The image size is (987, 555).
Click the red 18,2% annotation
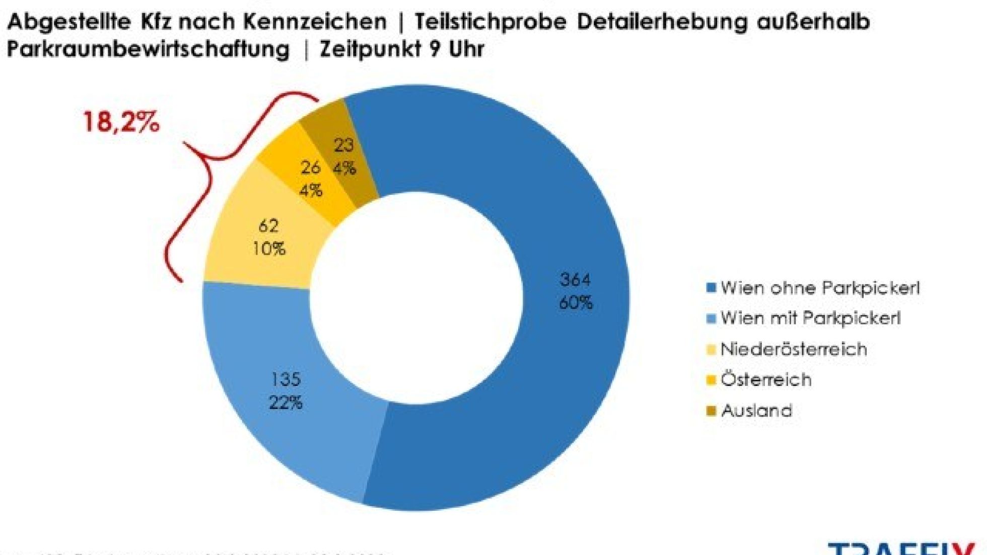click(x=121, y=122)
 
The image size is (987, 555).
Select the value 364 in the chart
click(x=575, y=280)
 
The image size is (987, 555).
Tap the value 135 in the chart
click(x=286, y=379)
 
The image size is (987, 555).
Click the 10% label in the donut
click(x=269, y=249)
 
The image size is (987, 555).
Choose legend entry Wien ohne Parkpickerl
click(x=819, y=288)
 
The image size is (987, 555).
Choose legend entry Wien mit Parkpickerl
click(x=810, y=318)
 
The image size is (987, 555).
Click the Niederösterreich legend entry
click(x=793, y=349)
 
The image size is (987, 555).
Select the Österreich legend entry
click(x=765, y=379)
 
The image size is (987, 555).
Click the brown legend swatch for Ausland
click(x=711, y=411)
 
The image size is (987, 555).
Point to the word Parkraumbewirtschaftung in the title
click(x=149, y=49)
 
